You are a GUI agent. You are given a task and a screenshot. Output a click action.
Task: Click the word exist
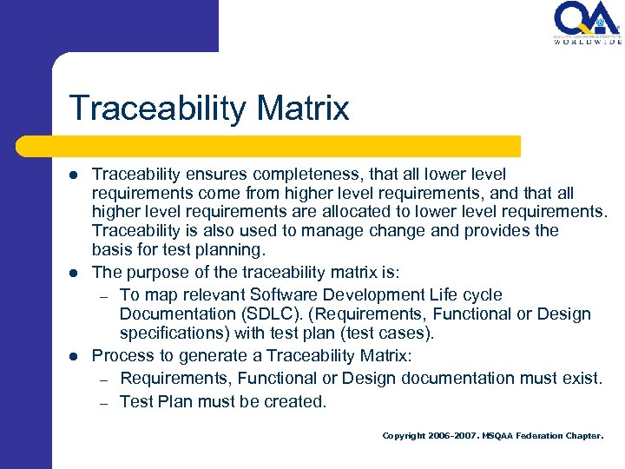[581, 378]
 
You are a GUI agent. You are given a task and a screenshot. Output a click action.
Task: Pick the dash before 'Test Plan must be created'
[102, 402]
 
